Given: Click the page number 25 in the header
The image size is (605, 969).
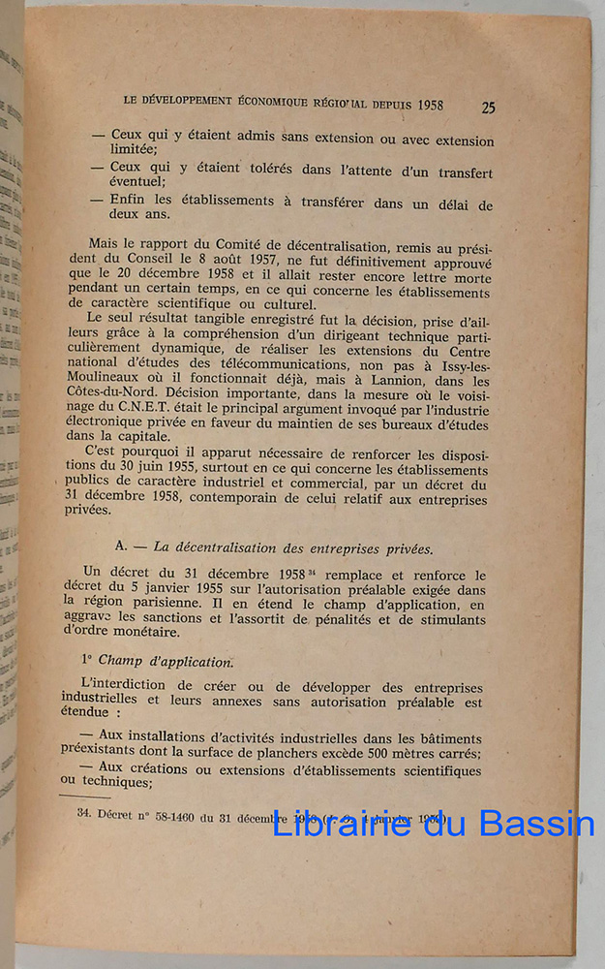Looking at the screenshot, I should [488, 108].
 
